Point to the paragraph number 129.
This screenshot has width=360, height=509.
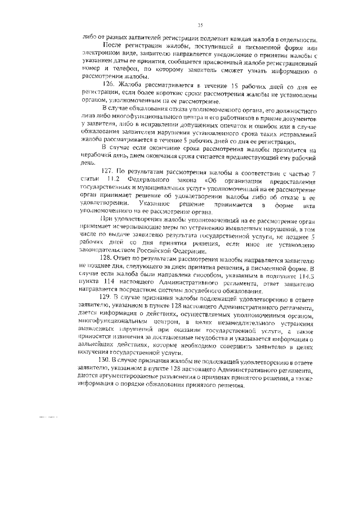click(105, 295)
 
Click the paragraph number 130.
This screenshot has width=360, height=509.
click(105, 358)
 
